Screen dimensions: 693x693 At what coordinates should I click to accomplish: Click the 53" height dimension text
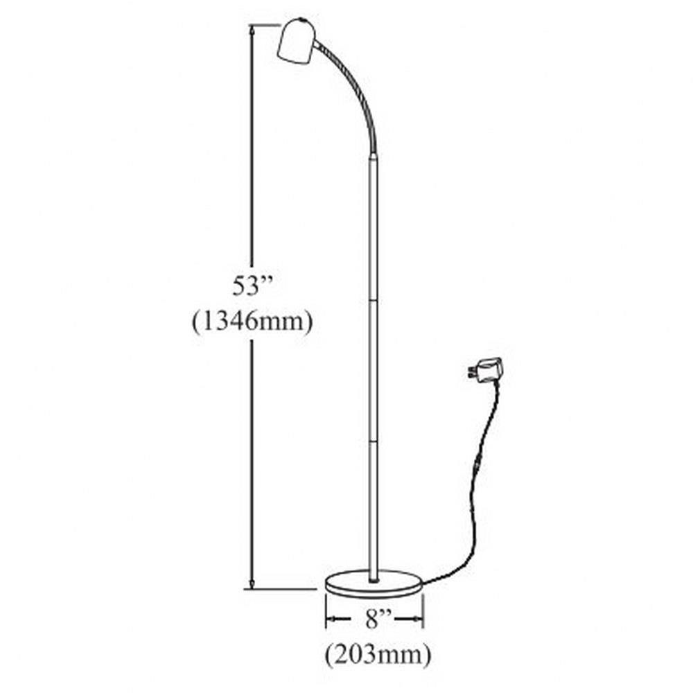coord(251,287)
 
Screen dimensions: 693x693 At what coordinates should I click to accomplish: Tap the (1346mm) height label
coord(252,322)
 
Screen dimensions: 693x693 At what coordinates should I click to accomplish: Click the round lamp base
coord(374,583)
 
